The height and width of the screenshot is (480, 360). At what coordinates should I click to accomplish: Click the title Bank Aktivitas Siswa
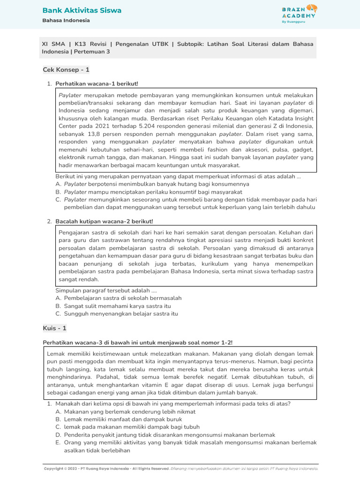[x=82, y=10]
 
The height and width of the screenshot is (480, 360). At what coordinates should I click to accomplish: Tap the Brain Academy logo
[x=299, y=11]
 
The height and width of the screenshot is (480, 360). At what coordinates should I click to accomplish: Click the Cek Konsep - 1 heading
[x=66, y=70]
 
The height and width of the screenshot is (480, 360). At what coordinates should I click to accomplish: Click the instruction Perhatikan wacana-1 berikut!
[x=97, y=83]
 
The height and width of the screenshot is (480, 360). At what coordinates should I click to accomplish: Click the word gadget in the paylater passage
[x=304, y=150]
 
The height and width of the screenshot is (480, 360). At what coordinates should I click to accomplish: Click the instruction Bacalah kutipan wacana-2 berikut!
[x=104, y=221]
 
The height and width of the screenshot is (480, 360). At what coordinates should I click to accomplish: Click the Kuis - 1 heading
[x=55, y=328]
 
